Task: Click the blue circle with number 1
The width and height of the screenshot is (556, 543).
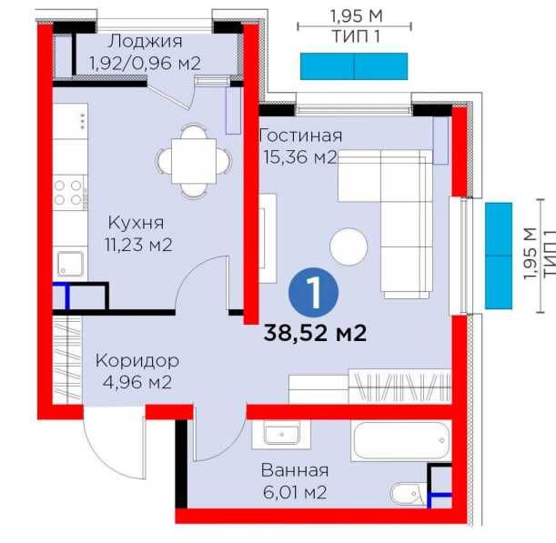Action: point(313,292)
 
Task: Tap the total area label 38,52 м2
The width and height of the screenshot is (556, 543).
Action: point(315,333)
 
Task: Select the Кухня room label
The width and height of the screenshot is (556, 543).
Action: point(136,224)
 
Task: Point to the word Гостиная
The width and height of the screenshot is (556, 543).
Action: point(300,136)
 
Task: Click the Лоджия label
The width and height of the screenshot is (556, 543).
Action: point(146,42)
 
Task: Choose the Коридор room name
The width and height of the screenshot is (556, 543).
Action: point(137,361)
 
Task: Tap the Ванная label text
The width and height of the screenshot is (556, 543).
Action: point(295,471)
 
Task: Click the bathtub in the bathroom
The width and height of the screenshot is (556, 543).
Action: point(401,440)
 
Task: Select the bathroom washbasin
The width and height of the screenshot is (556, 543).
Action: point(281,434)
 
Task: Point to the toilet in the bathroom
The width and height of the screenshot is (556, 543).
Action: point(408,494)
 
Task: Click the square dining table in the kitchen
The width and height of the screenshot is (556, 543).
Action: point(194,161)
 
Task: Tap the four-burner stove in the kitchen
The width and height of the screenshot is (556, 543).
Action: point(69,193)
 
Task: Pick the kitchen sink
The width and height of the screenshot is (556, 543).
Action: point(71,264)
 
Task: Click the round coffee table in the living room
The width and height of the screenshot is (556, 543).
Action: point(349,246)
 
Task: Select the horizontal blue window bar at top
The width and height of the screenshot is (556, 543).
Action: point(354,66)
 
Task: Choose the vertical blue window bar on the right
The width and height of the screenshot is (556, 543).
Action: point(499,256)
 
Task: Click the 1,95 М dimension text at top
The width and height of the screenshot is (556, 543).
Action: point(356,16)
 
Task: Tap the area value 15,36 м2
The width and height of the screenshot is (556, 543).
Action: point(299,157)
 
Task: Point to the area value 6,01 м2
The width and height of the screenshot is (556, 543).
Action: point(295,492)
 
